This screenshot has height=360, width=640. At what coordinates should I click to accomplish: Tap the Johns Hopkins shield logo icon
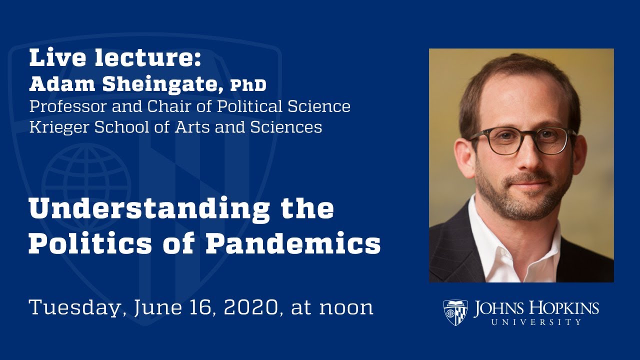455,312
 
